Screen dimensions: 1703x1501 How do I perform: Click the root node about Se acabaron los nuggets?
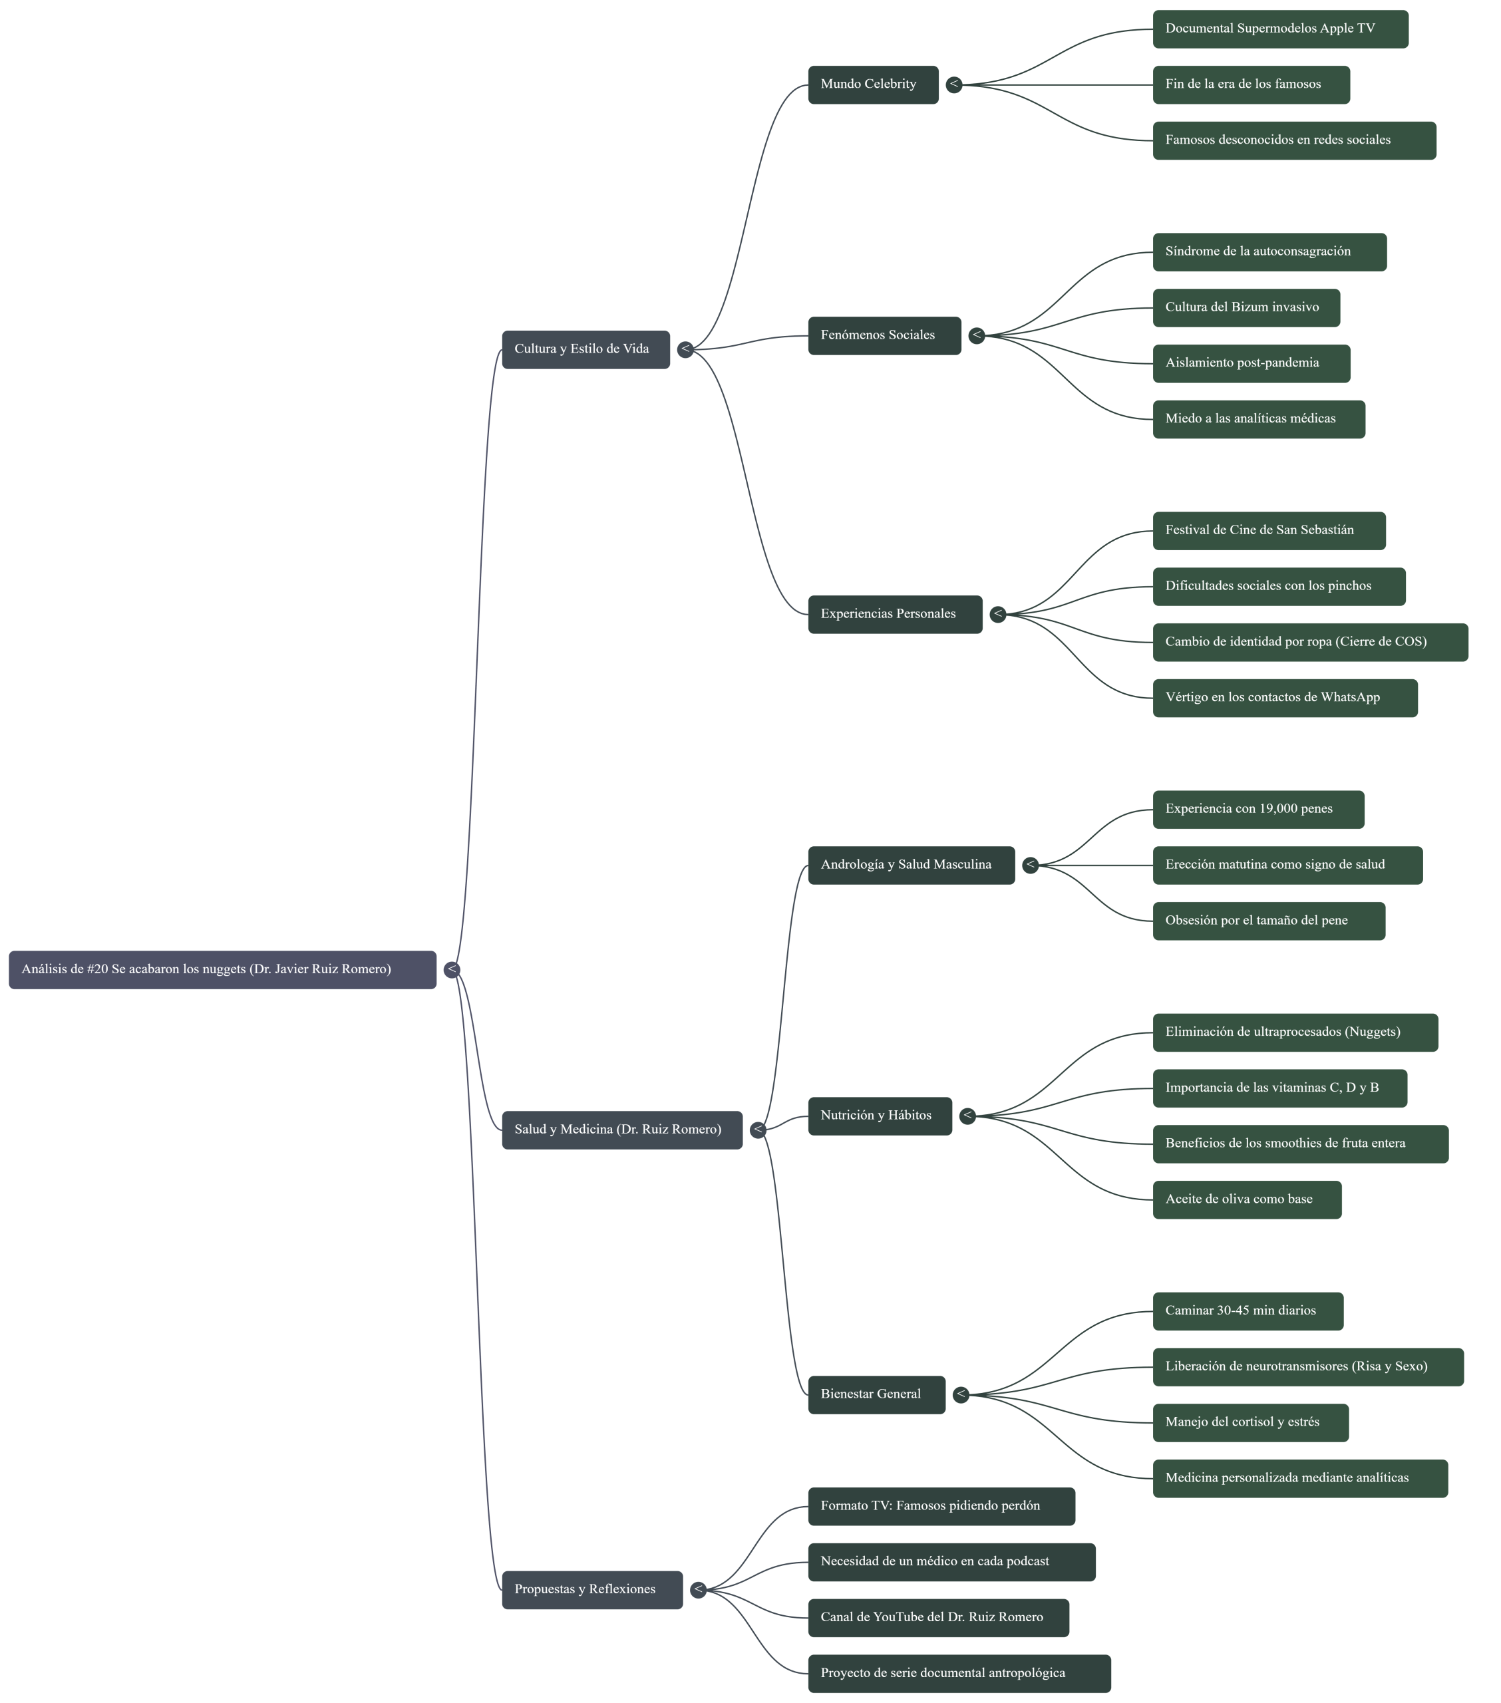click(222, 970)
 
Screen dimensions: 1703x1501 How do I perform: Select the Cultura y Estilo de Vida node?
click(585, 349)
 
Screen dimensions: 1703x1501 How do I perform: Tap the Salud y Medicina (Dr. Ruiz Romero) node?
click(621, 1130)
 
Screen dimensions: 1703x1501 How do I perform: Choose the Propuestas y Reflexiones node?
click(591, 1590)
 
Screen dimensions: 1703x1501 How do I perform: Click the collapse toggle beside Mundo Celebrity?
click(953, 84)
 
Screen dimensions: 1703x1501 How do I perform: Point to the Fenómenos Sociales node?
click(884, 336)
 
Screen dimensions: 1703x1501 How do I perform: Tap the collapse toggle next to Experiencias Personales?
click(997, 614)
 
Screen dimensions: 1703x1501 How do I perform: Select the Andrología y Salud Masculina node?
click(910, 865)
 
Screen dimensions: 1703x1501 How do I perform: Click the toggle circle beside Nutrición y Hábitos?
click(967, 1116)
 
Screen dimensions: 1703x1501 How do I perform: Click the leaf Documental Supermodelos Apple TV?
click(1279, 29)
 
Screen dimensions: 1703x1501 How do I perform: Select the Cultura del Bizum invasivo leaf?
click(1245, 307)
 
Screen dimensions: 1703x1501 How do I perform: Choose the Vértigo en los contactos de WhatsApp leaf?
click(1284, 698)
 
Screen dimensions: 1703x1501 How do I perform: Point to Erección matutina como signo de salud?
click(1287, 865)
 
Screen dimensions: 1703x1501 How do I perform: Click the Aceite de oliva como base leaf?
click(1246, 1200)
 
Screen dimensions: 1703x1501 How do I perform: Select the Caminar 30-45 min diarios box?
click(1247, 1311)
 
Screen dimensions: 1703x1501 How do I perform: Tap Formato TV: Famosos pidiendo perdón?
click(940, 1506)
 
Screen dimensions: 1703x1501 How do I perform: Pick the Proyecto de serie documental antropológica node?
click(959, 1674)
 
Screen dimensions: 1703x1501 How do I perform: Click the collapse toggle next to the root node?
click(452, 970)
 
